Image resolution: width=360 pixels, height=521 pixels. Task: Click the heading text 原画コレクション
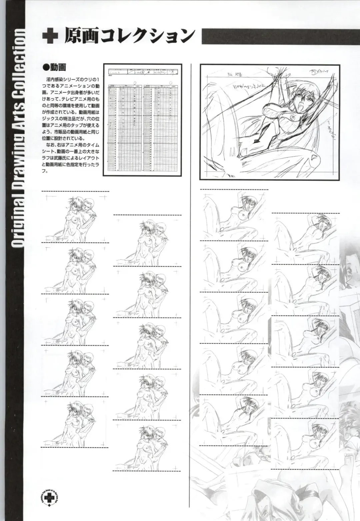(x=128, y=36)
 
